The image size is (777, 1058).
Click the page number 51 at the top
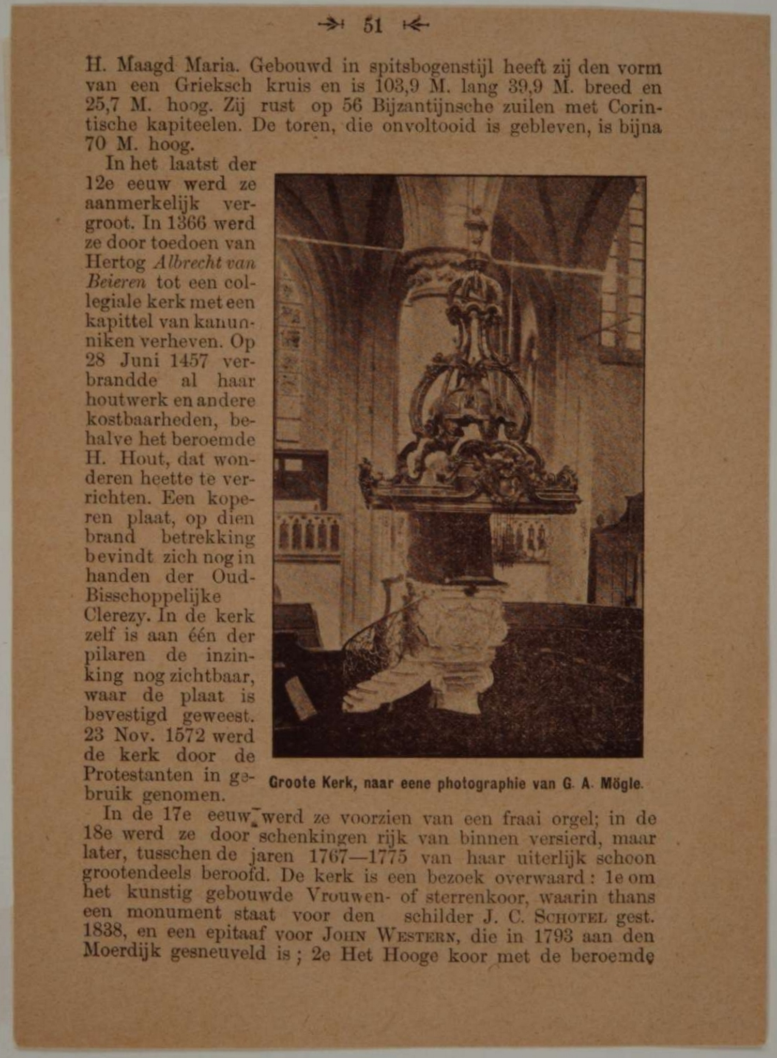[372, 25]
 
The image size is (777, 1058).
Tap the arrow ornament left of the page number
[331, 24]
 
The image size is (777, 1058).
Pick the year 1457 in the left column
[189, 361]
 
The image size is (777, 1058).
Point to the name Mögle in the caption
[622, 784]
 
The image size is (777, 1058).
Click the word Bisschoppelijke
[153, 596]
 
